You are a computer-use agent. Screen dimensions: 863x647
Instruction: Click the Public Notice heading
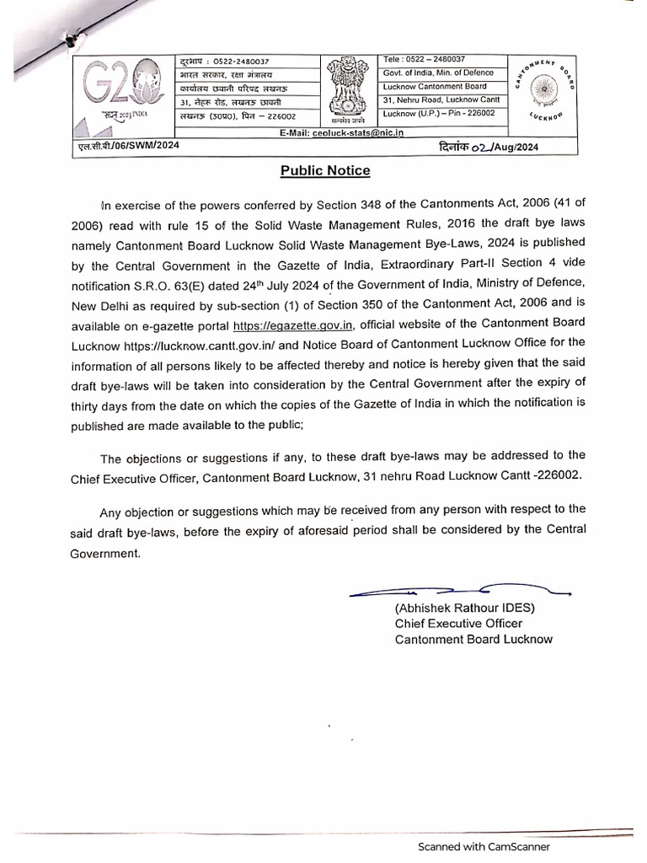point(324,170)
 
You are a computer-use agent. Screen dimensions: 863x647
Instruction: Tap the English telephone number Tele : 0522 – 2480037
point(425,59)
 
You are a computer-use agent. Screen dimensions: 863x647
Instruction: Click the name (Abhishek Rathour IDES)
point(465,608)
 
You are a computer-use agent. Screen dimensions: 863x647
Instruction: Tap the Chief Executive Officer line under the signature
point(458,624)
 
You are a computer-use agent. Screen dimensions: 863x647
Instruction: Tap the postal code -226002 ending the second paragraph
point(553,475)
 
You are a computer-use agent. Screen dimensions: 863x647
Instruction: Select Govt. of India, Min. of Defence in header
point(435,72)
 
